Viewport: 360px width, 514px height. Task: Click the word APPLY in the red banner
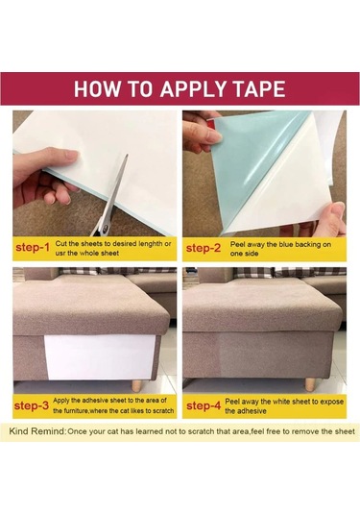[x=193, y=88]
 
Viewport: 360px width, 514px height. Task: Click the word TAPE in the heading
[x=258, y=88]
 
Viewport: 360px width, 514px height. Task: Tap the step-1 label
[x=33, y=248]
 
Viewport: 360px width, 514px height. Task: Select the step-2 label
[x=204, y=248]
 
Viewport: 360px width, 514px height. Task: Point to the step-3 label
[x=32, y=405]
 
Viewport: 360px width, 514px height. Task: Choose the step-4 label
[x=204, y=405]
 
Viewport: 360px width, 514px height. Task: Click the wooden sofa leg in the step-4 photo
[x=309, y=384]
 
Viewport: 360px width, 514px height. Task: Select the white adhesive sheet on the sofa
[x=99, y=357]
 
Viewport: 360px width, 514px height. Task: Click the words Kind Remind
[x=37, y=431]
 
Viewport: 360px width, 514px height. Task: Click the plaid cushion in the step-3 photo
[x=78, y=271]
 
